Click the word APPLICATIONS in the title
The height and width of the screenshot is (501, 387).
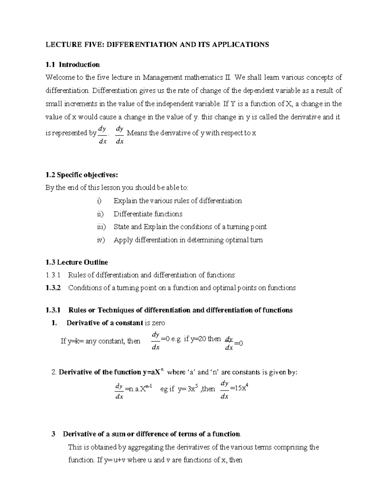[x=240, y=45]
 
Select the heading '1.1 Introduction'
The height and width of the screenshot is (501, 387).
[x=73, y=65]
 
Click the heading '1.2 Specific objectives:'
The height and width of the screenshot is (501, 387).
[x=82, y=175]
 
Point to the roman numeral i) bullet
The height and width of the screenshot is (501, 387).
[x=99, y=201]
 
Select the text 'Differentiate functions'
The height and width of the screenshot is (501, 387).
[x=148, y=214]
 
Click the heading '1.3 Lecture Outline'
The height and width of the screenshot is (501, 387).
[x=77, y=262]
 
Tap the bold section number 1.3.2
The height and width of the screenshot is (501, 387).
[x=53, y=288]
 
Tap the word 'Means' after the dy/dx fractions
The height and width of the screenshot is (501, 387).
[x=137, y=133]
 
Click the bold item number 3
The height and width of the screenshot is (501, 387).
[x=54, y=434]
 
